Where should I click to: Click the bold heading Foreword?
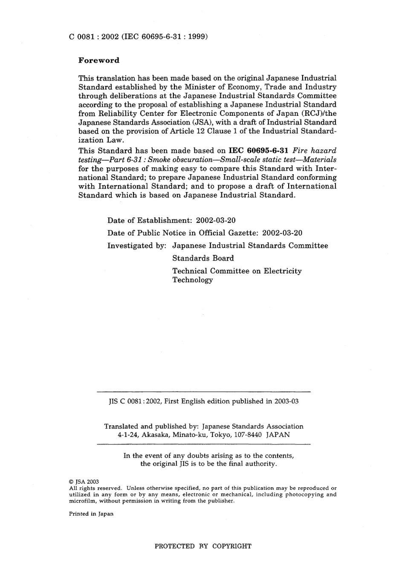pyautogui.click(x=99, y=60)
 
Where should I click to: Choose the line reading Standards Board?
pyautogui.click(x=203, y=258)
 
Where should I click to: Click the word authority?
pyautogui.click(x=260, y=463)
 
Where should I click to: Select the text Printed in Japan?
pyautogui.click(x=91, y=514)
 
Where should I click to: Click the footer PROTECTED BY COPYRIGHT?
pyautogui.click(x=202, y=546)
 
